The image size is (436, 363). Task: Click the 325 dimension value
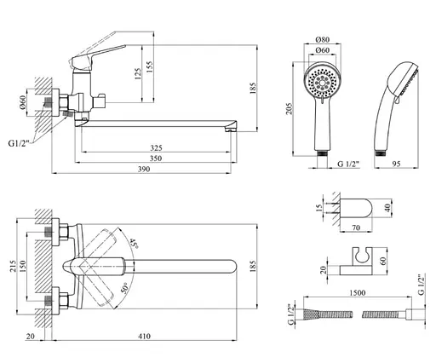coord(156,147)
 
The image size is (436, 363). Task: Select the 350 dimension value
coord(156,158)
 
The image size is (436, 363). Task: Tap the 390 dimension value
coord(144,169)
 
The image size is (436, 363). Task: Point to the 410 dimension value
coord(144,337)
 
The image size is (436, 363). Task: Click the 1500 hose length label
coord(358,292)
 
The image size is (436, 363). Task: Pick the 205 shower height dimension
coord(289,109)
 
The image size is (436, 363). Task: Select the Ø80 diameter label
coord(323,39)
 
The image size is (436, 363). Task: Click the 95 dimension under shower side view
coord(396,164)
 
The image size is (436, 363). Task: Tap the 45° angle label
coord(134,243)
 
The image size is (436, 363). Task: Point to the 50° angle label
coord(125,288)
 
